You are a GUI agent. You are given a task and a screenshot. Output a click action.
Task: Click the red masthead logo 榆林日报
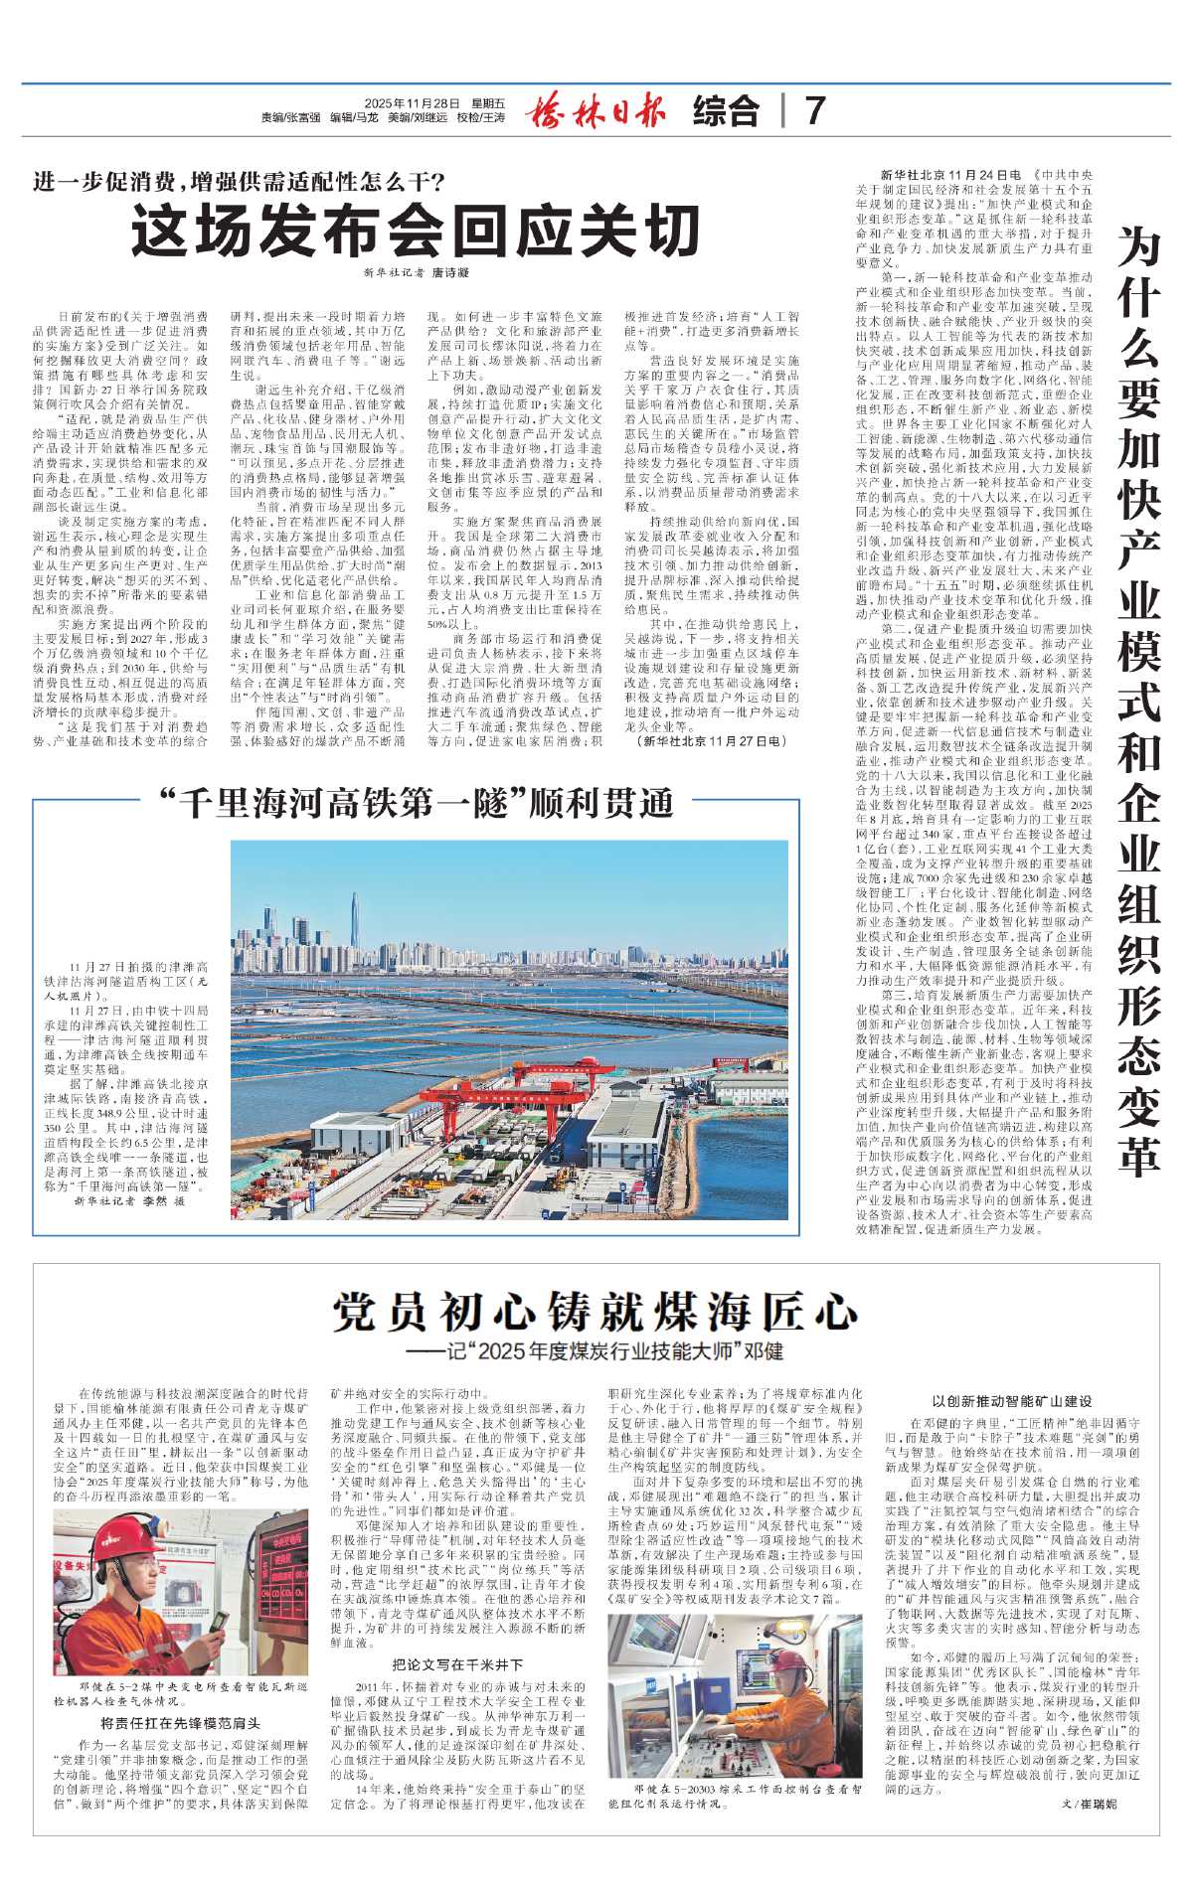596,110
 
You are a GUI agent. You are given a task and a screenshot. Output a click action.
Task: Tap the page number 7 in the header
815,110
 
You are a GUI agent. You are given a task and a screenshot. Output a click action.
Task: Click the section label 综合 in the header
726,110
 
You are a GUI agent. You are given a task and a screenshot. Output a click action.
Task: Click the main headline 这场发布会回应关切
417,232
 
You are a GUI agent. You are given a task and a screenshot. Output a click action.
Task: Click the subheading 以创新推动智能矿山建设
1011,1400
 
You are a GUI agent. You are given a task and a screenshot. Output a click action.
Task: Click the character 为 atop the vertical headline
1138,246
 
